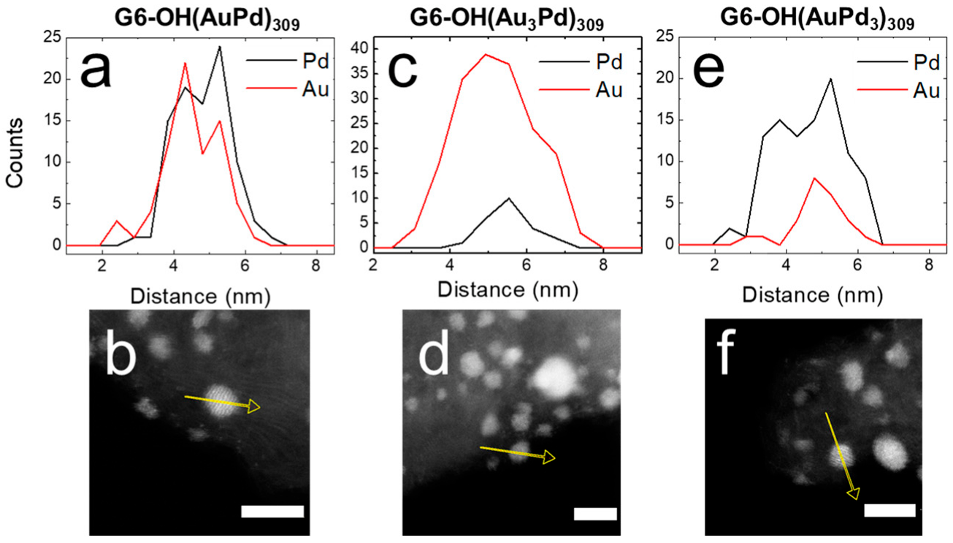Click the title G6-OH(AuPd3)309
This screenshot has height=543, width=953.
click(811, 15)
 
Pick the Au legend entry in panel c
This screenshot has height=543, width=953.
click(608, 91)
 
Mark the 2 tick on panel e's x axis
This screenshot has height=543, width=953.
click(713, 267)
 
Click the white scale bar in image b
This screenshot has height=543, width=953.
click(272, 511)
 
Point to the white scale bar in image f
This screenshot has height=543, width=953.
click(889, 509)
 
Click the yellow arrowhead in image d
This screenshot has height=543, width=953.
click(547, 458)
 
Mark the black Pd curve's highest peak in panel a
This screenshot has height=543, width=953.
click(219, 47)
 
